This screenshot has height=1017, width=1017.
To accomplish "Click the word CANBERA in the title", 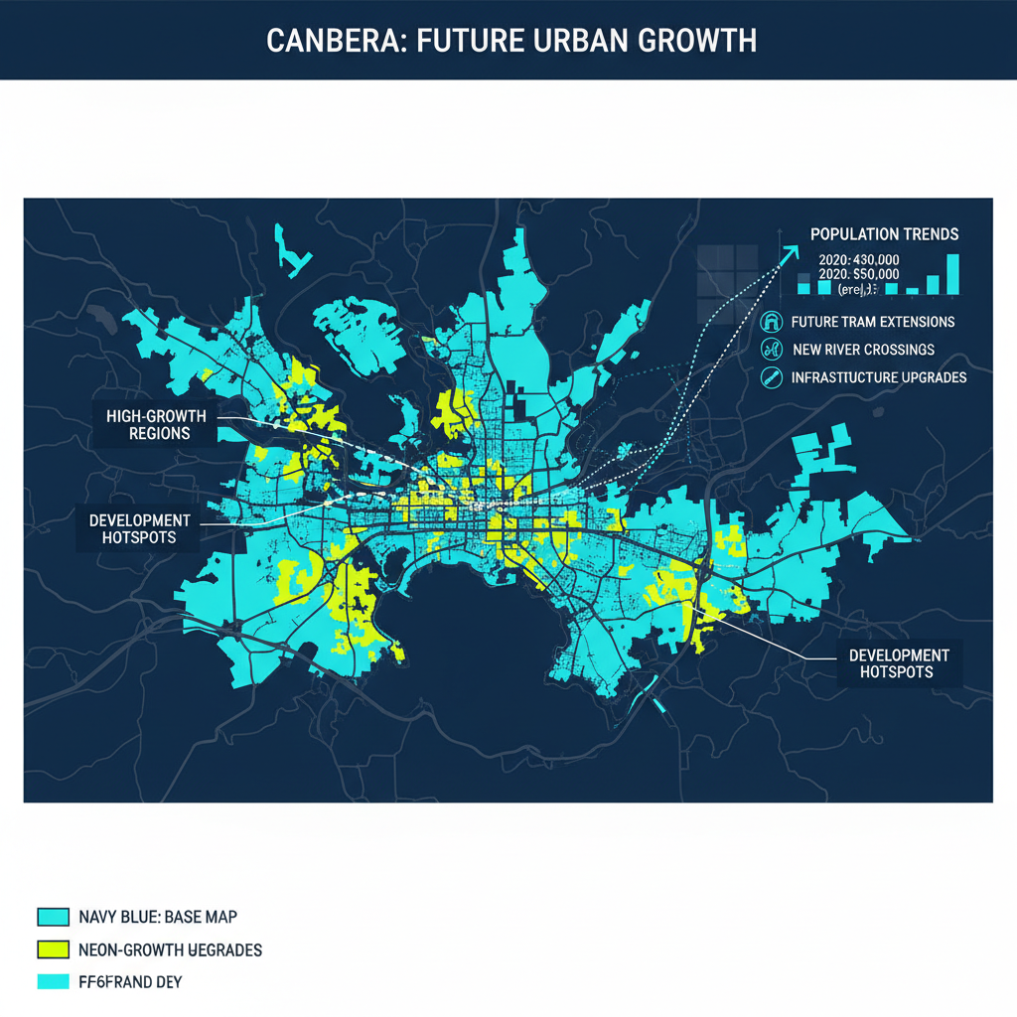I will coord(329,40).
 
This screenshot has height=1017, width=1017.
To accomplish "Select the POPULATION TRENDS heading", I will coord(884,234).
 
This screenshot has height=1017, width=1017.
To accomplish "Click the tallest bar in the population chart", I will coord(952,274).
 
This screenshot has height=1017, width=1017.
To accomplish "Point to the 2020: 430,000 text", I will coord(858,258).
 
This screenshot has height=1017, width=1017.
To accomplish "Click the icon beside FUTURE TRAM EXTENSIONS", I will coord(771,322).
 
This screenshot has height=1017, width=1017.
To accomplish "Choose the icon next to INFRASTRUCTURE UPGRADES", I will coord(771,377).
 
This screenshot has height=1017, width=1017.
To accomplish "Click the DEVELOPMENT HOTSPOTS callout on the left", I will coord(138,529).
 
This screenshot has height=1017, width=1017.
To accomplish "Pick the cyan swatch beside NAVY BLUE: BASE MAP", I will coord(52,916).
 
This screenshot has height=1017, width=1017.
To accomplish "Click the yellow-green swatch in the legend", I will coord(52,949).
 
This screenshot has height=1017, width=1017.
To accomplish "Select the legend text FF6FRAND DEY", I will coord(129,982).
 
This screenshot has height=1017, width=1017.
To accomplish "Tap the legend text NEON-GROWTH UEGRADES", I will coord(170,949).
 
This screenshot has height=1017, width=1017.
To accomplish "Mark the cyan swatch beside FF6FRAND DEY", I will coord(52,982).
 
